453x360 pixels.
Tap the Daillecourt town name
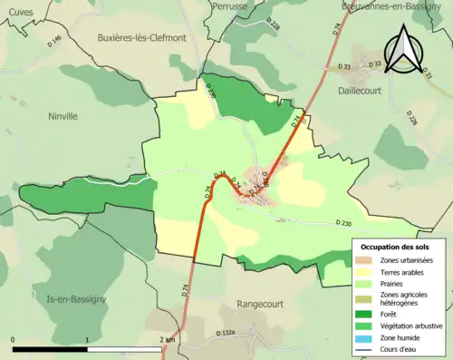click(378, 92)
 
